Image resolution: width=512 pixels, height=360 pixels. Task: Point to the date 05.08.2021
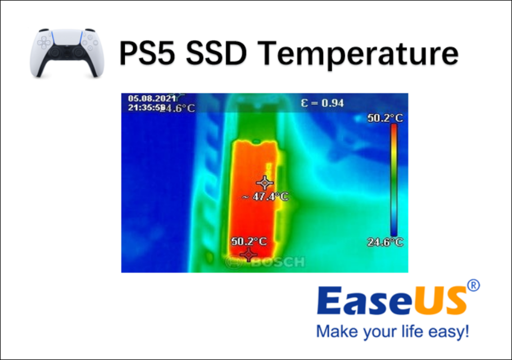[151, 98]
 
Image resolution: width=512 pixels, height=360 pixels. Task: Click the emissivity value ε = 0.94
[322, 103]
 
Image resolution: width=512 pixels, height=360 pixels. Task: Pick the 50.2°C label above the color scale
[385, 118]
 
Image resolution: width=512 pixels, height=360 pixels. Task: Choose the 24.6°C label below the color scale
[385, 242]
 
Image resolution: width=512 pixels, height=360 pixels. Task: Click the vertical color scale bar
[394, 180]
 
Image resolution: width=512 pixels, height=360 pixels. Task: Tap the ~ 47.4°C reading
[266, 196]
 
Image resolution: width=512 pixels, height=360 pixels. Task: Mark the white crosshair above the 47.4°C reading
[265, 183]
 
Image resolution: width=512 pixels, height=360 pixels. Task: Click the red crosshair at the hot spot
[248, 254]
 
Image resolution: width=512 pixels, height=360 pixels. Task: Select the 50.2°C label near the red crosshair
[248, 241]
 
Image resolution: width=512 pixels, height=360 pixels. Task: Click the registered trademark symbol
[473, 286]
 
